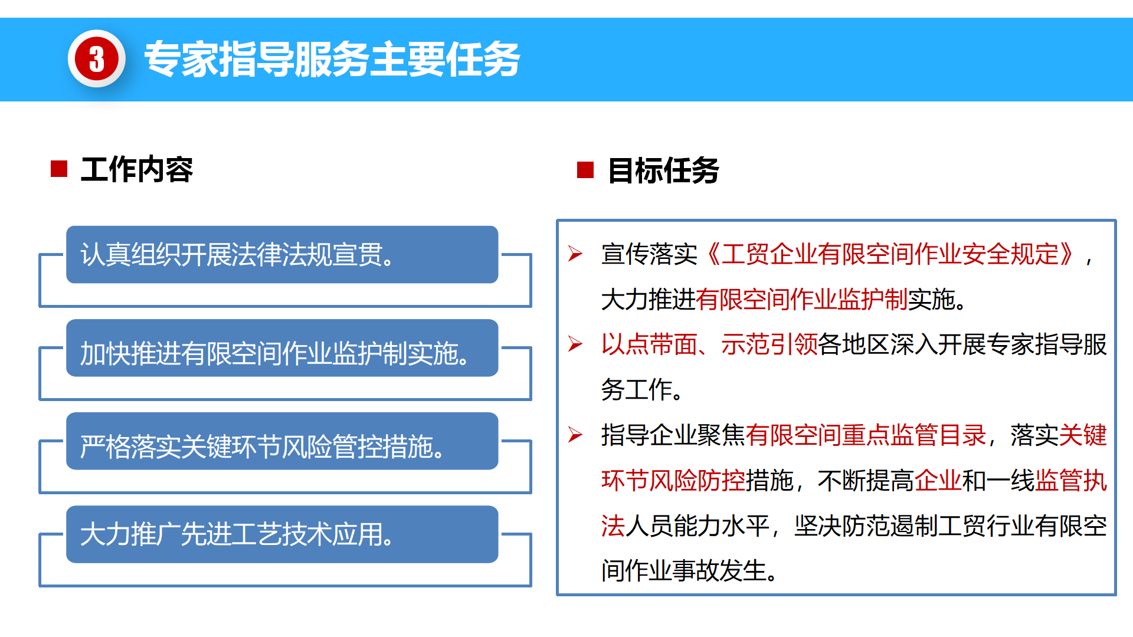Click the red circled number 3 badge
pos(97,59)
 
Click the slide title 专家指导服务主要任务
pos(332,59)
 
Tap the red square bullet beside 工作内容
pos(59,169)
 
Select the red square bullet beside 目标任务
pos(585,170)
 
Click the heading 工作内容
pos(137,170)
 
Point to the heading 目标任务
pos(664,171)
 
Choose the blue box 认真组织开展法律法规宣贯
pos(282,255)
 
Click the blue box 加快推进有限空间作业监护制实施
pos(282,348)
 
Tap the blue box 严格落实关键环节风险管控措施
pos(282,441)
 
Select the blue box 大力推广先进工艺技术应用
pos(282,534)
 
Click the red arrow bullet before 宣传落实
pos(575,254)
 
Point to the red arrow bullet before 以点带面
pos(575,344)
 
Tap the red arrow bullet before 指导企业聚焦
pos(575,435)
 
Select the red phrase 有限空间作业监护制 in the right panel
pos(802,300)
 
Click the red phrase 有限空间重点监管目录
pos(866,435)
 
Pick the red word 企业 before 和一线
pos(938,481)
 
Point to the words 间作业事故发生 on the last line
pos(685,571)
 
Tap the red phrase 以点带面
pos(649,344)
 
